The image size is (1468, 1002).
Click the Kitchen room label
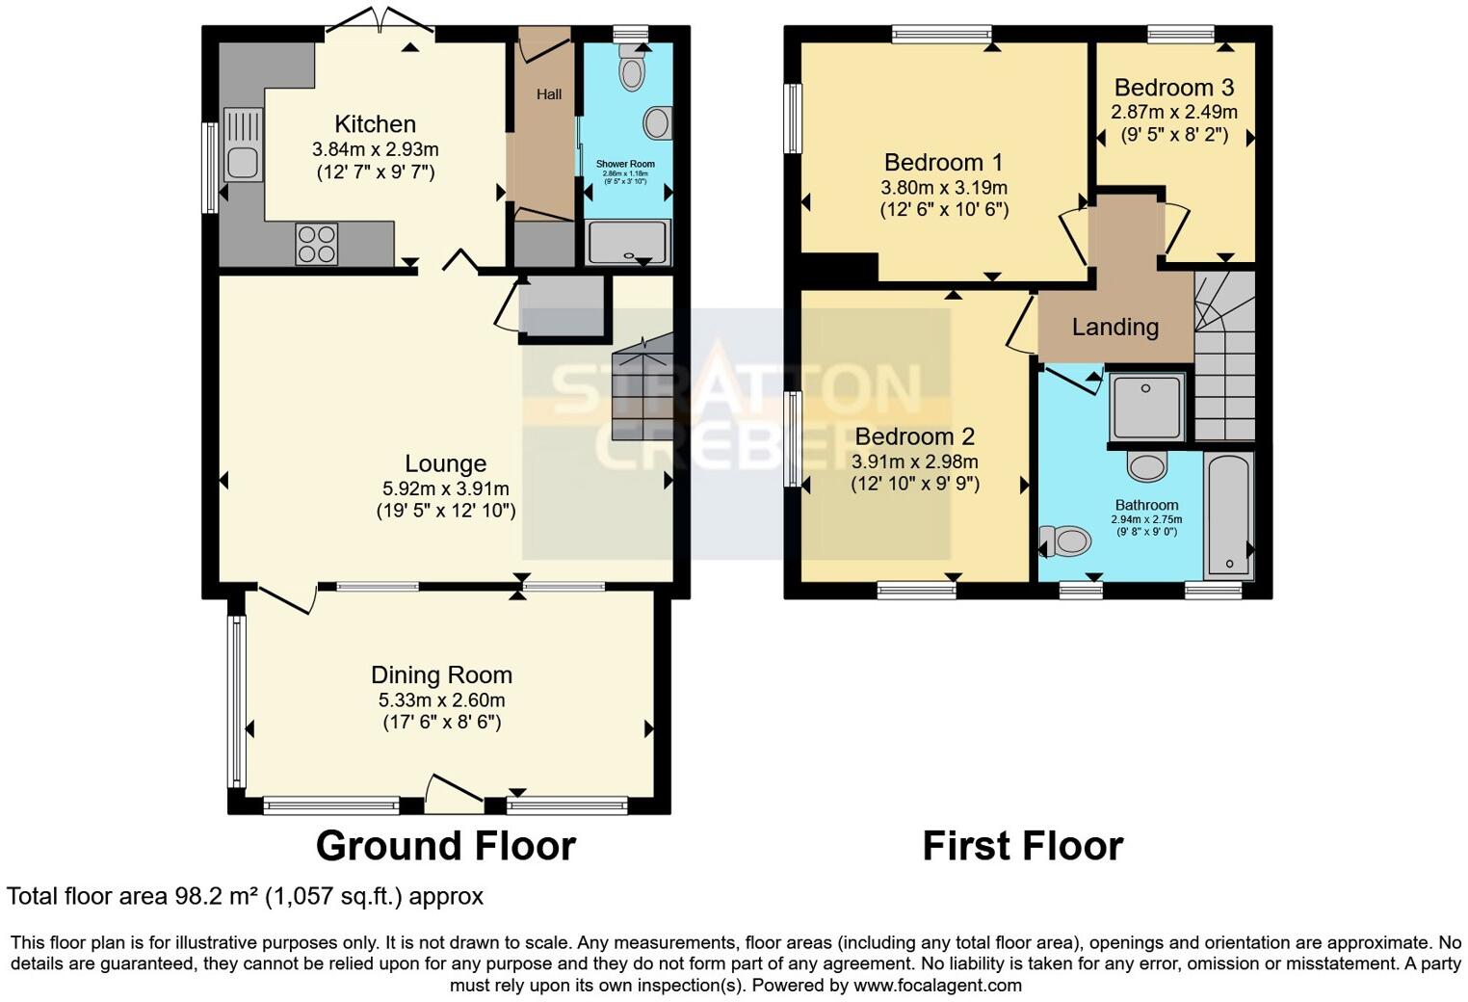coord(375,124)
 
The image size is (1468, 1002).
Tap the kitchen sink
coord(242,145)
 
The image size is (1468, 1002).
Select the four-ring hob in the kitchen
coord(316,243)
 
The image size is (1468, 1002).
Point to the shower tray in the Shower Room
coord(628,242)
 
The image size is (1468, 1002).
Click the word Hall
coord(549,94)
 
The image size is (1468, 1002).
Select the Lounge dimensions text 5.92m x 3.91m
coord(445,488)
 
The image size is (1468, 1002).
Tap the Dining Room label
coord(441,675)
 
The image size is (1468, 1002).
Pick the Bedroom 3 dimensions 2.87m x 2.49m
coord(1173,113)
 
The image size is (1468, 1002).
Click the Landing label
coord(1114,328)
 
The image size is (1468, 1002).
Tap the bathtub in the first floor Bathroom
coord(1229,515)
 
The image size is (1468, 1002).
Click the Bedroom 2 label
coord(914,436)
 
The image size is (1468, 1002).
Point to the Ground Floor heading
coord(445,846)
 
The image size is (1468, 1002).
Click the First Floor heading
coord(1022,846)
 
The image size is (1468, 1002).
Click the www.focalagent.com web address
coord(937,986)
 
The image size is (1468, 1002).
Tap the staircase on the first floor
coord(1224,356)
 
